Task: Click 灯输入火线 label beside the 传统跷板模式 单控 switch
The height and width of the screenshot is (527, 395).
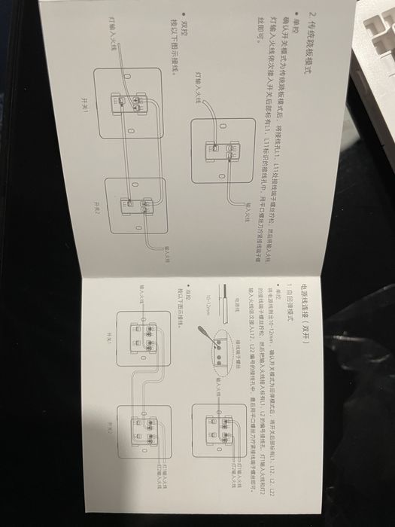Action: point(197,86)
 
